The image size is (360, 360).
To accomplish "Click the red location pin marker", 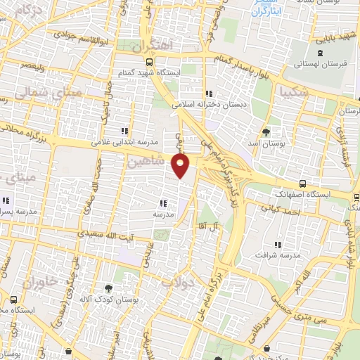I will (181, 167).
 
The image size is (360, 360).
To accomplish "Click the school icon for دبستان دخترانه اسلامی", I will (208, 94).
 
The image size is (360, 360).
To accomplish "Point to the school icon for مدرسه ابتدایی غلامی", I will (124, 131).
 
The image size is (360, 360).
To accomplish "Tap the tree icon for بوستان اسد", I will (266, 132).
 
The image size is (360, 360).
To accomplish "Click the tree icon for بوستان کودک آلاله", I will (108, 287).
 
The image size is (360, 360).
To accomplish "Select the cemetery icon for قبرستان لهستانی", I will (321, 53).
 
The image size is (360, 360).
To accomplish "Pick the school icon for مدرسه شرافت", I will (277, 244).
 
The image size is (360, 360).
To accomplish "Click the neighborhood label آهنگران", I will (156, 44).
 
